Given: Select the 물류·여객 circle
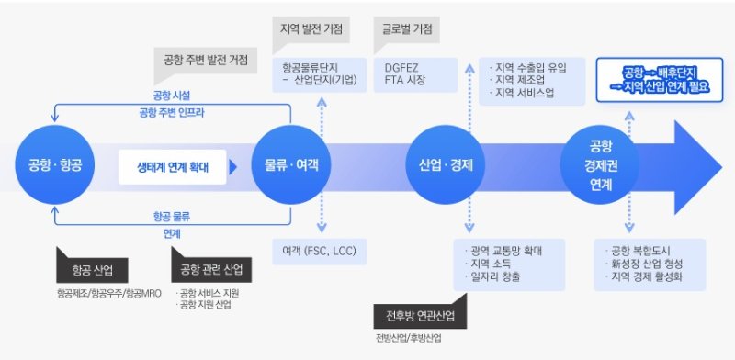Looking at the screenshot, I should click(x=291, y=166).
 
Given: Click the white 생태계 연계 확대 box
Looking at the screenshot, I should click(x=172, y=168).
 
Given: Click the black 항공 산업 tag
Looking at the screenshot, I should click(x=91, y=271).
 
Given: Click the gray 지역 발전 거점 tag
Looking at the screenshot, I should click(x=311, y=28).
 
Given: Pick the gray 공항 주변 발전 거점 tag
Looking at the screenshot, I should click(x=206, y=62).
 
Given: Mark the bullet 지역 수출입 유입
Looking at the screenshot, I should click(x=530, y=67).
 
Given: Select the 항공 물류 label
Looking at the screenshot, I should click(x=172, y=217).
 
